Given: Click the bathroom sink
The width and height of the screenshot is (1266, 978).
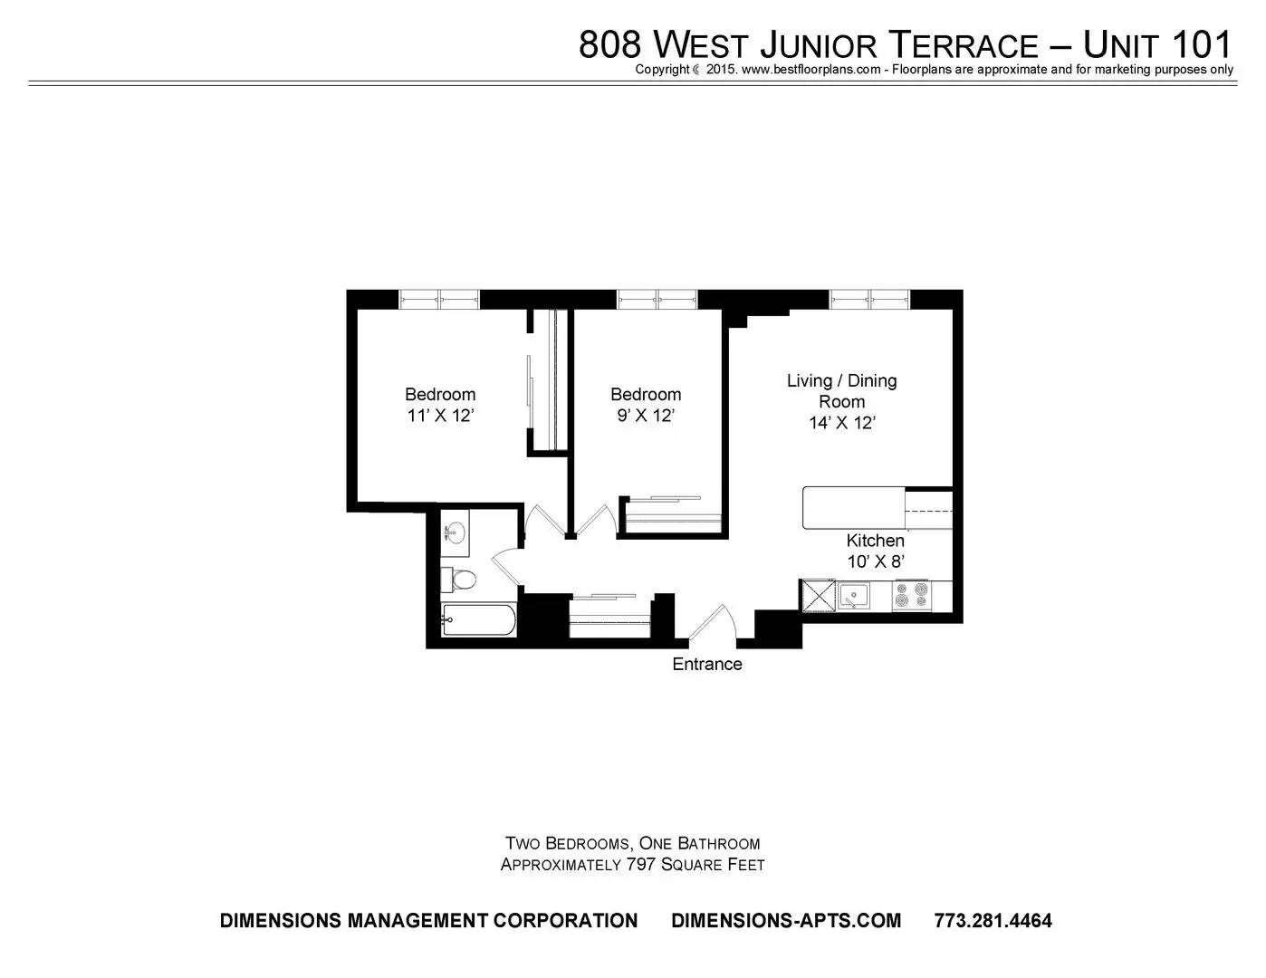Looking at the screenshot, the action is [x=455, y=532].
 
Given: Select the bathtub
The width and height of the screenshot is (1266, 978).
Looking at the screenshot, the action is [x=478, y=619].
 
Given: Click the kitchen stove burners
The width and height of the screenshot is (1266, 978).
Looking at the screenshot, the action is [x=912, y=595].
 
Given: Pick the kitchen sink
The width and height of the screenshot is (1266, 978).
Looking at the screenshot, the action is [x=854, y=595].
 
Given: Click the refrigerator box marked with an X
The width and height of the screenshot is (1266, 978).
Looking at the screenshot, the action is [x=819, y=595].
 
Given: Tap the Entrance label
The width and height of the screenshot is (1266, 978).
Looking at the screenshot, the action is [x=706, y=664].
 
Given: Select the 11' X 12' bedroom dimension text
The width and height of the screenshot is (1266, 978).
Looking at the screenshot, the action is [x=440, y=416].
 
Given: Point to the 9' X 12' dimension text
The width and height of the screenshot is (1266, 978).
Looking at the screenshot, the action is [x=646, y=416].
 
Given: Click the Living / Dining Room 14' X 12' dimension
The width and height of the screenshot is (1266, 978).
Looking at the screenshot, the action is [x=842, y=422].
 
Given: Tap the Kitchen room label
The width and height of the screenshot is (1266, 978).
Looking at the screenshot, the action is [x=875, y=540].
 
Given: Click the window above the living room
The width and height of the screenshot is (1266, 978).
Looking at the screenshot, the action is [x=869, y=299].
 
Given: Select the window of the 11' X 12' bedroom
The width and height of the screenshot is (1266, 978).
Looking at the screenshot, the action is [x=439, y=299].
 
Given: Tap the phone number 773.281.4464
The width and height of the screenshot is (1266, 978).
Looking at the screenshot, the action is [x=993, y=920].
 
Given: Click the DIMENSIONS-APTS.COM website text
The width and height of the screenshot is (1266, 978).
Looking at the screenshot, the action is [x=786, y=920].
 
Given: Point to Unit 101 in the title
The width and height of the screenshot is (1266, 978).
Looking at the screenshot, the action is [x=1157, y=44].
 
